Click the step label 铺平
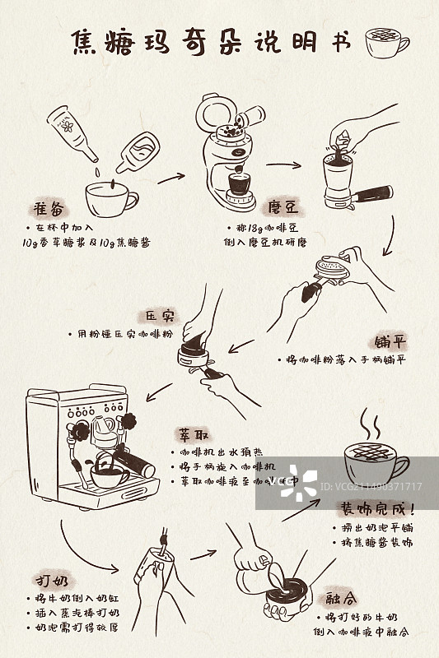(x=389, y=341)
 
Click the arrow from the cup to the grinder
(x=170, y=176)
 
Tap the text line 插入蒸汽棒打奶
(x=77, y=614)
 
